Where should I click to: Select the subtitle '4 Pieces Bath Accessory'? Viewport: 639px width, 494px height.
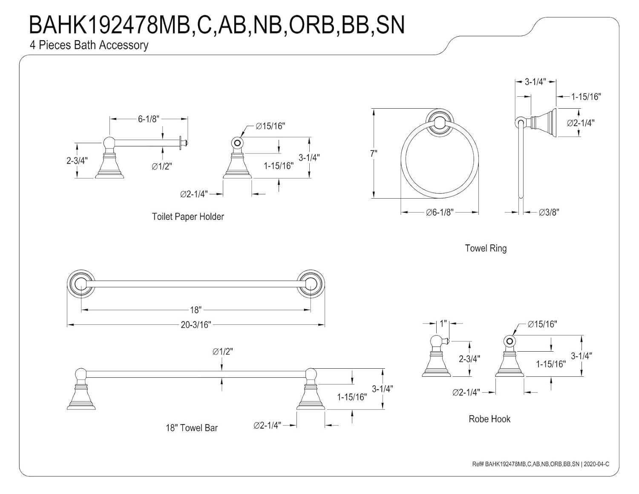(89, 45)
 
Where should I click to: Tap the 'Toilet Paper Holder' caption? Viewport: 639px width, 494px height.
(188, 217)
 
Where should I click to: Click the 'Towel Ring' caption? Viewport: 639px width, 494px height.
(486, 248)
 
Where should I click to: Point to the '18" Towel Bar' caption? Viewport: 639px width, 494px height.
(192, 428)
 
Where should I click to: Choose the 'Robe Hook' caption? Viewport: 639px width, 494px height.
(489, 419)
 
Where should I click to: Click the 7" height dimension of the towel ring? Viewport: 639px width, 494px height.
(374, 153)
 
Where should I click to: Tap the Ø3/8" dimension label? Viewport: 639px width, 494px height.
(549, 212)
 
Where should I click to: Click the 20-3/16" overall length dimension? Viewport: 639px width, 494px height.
(196, 325)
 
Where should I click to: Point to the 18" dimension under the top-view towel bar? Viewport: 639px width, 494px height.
(196, 310)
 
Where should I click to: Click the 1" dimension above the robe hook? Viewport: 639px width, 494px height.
(443, 324)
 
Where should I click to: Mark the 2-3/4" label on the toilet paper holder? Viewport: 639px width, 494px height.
(77, 161)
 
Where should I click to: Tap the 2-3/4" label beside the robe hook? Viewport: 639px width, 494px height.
(469, 359)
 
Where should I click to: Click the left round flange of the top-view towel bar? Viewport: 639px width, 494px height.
(81, 283)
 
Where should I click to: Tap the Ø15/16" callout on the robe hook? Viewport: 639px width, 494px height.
(542, 324)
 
